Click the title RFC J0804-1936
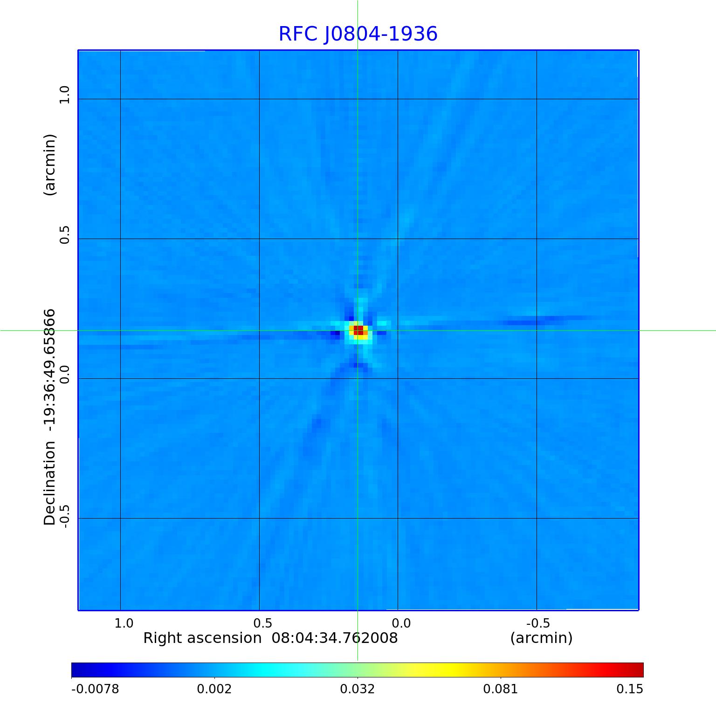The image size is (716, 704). pos(358,34)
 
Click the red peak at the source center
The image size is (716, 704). pos(358,330)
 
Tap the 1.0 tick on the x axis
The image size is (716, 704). pos(124,623)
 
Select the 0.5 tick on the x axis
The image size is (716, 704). pos(262,623)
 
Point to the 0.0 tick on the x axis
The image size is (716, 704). pos(401,623)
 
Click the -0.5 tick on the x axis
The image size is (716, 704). pos(538,623)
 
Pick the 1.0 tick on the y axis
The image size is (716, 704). pos(64,95)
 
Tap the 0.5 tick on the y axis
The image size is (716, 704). pos(64,235)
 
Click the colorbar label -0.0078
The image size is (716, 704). pos(95,689)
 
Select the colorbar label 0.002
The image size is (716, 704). pos(214,689)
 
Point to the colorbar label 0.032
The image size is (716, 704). pos(358,689)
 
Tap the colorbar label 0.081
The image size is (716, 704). pos(501,689)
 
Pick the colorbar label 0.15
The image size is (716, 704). pos(630,689)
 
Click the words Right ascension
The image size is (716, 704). pos(202,638)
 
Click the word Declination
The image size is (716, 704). pos(49,484)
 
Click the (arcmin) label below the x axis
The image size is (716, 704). pos(541,638)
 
